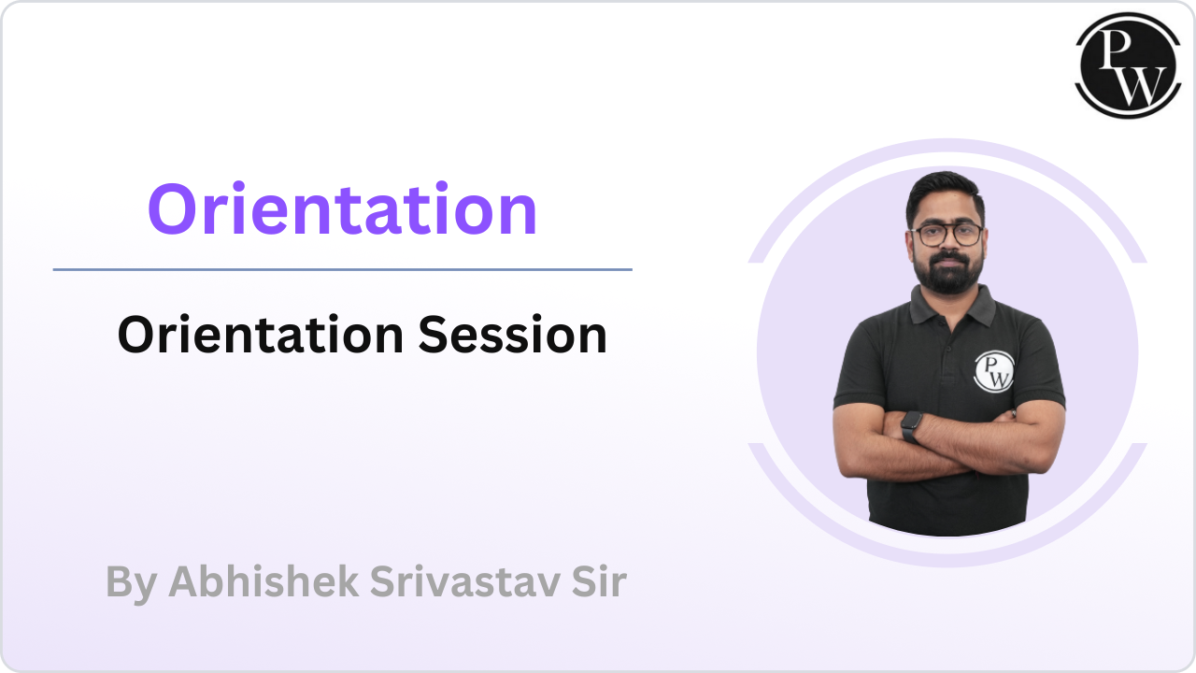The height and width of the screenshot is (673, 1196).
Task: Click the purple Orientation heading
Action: click(342, 209)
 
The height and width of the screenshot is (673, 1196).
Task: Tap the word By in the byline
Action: click(130, 581)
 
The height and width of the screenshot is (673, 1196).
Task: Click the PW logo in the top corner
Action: click(1122, 64)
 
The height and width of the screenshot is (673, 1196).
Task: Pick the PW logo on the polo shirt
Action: click(993, 370)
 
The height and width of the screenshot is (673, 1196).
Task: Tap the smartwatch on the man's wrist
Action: click(911, 426)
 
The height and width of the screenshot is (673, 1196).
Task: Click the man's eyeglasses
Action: click(947, 234)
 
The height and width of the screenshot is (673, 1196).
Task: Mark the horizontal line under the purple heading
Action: click(342, 269)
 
